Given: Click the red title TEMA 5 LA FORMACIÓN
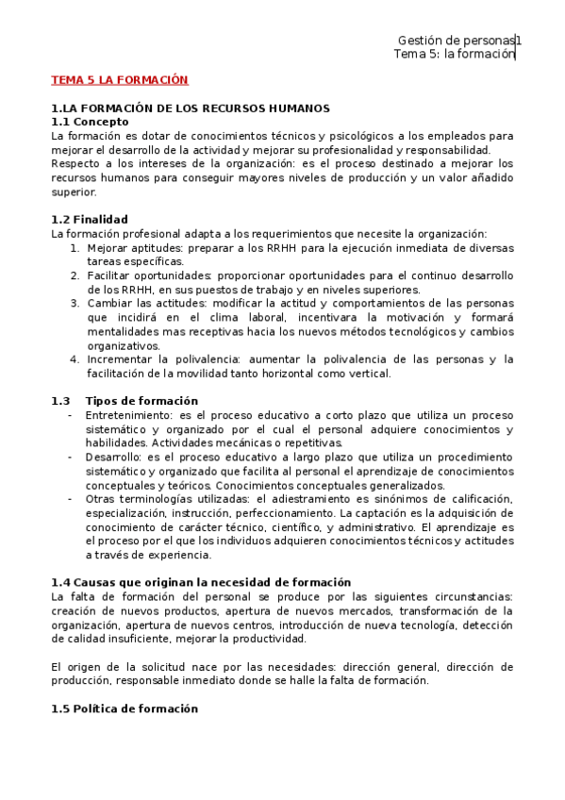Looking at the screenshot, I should [119, 80].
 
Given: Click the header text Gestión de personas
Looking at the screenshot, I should [456, 41].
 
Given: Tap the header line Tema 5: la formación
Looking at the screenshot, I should [454, 55].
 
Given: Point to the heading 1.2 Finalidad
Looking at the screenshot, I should [90, 220].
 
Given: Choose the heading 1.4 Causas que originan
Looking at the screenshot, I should [200, 582].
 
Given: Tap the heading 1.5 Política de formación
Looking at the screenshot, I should [125, 708].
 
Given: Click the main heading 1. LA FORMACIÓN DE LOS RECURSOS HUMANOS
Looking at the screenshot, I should [191, 108].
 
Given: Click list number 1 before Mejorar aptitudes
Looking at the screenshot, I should [75, 248].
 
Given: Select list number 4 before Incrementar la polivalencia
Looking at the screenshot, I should [75, 359].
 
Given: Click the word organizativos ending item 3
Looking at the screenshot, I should [123, 345].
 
